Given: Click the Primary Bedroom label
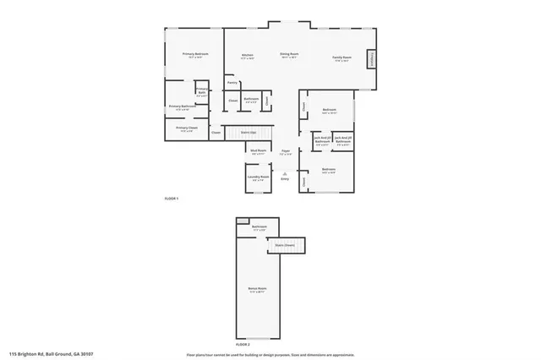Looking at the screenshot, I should click(x=196, y=54).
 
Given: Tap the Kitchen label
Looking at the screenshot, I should click(x=248, y=56).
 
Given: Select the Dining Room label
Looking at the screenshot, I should click(x=289, y=56).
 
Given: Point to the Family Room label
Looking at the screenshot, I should click(x=341, y=57).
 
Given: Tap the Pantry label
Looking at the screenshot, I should click(x=232, y=83).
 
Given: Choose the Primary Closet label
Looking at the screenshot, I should click(x=187, y=128).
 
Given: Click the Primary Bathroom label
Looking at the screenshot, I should click(x=183, y=106).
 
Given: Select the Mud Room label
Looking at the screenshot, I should click(x=259, y=150).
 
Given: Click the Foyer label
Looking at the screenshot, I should click(x=287, y=151).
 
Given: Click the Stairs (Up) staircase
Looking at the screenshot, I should click(x=249, y=133).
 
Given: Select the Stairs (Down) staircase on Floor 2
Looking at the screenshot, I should click(x=284, y=245).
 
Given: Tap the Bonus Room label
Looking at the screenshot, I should click(x=256, y=290).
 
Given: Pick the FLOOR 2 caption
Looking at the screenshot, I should click(x=243, y=345).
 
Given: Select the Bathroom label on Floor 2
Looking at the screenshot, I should click(x=260, y=227).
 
